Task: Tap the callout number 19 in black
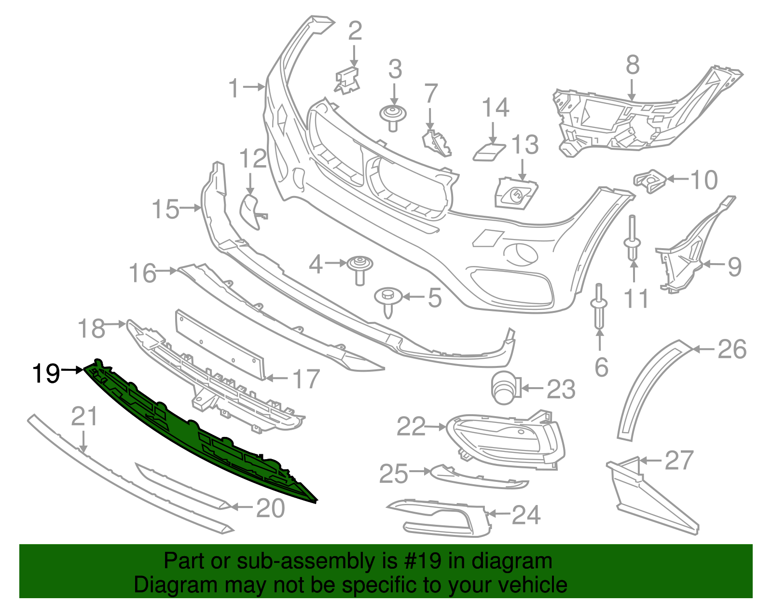coord(46,373)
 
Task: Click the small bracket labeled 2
coord(347,80)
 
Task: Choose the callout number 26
coord(732,349)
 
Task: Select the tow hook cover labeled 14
coord(488,151)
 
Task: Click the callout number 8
coord(633,65)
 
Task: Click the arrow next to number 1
coord(254,87)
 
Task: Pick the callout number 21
coord(84,416)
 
